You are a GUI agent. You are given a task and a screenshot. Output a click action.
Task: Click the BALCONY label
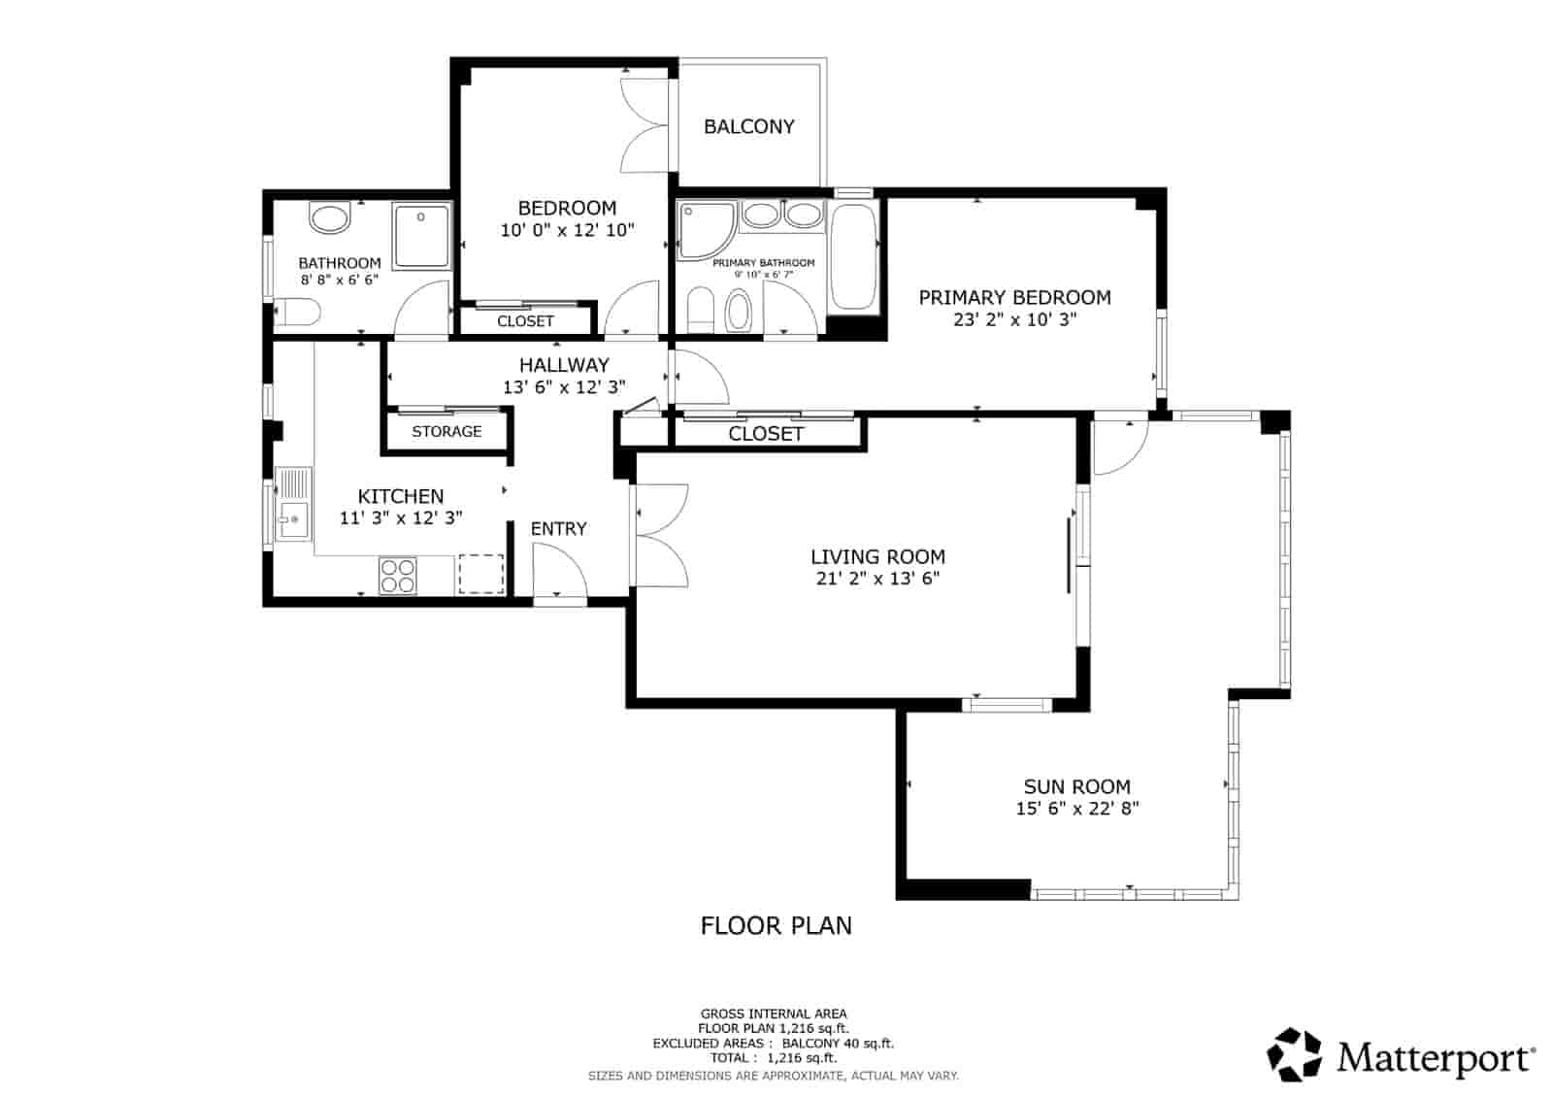pyautogui.click(x=748, y=126)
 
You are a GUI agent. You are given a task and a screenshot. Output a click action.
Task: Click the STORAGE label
pyautogui.click(x=446, y=431)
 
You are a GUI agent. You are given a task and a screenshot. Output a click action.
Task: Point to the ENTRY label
pyautogui.click(x=558, y=529)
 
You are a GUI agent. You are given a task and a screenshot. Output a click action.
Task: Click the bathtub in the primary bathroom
pyautogui.click(x=853, y=255)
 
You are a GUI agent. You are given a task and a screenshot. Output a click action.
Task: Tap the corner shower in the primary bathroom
pyautogui.click(x=706, y=229)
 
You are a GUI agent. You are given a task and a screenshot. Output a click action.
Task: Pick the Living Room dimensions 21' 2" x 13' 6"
pyautogui.click(x=877, y=580)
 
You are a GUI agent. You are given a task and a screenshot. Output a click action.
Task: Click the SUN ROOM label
pyautogui.click(x=1076, y=787)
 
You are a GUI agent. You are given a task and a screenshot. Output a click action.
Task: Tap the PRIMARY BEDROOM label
pyautogui.click(x=1014, y=298)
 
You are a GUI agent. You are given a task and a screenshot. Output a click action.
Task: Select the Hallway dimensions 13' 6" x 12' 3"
pyautogui.click(x=564, y=387)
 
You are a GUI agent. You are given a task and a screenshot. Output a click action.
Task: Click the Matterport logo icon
pyautogui.click(x=1296, y=1055)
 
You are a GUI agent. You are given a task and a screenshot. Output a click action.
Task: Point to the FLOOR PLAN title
pyautogui.click(x=776, y=925)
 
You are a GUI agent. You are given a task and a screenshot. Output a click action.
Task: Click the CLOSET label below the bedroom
pyautogui.click(x=525, y=321)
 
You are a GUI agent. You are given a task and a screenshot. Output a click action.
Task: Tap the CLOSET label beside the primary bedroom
pyautogui.click(x=766, y=434)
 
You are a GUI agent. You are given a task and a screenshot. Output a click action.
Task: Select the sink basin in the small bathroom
pyautogui.click(x=330, y=217)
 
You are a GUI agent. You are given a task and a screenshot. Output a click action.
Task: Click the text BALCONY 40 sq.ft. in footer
pyautogui.click(x=837, y=1044)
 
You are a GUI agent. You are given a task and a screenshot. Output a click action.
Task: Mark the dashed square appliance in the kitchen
pyautogui.click(x=480, y=573)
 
